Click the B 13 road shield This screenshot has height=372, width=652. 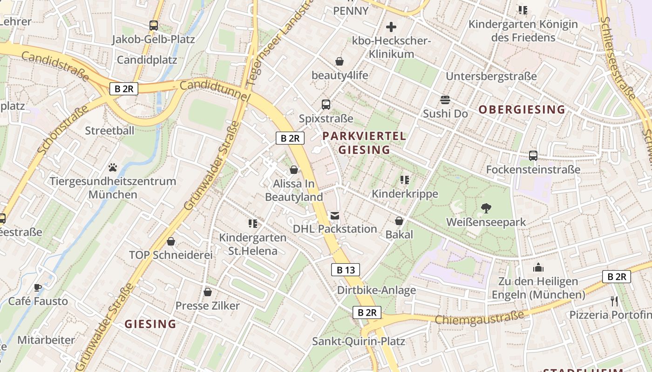pyautogui.click(x=346, y=270)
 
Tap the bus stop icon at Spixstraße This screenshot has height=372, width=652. pyautogui.click(x=326, y=105)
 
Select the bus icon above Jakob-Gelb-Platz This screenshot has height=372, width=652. pyautogui.click(x=154, y=26)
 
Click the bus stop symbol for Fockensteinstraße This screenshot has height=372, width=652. pyautogui.click(x=533, y=156)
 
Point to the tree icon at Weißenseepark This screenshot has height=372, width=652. pyautogui.click(x=486, y=208)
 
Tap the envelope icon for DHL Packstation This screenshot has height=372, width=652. pyautogui.click(x=335, y=215)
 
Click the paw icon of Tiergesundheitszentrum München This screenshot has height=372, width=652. pyautogui.click(x=113, y=167)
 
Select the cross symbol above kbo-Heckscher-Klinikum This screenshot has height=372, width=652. pyautogui.click(x=391, y=27)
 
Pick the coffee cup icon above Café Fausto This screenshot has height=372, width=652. pyautogui.click(x=38, y=287)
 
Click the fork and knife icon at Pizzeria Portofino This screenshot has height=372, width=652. pyautogui.click(x=614, y=301)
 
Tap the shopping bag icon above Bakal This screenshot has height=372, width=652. pyautogui.click(x=399, y=221)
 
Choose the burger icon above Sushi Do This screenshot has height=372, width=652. pyautogui.click(x=445, y=100)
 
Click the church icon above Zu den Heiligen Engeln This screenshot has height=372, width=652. pyautogui.click(x=538, y=267)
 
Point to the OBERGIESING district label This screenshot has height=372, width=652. pyautogui.click(x=522, y=110)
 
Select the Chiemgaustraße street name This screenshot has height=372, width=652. pyautogui.click(x=479, y=319)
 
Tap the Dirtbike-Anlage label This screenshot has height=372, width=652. pyautogui.click(x=376, y=291)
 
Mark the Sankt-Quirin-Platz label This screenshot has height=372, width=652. pyautogui.click(x=359, y=341)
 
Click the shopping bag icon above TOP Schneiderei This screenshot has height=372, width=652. pyautogui.click(x=171, y=241)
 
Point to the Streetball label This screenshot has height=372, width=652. pyautogui.click(x=109, y=131)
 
